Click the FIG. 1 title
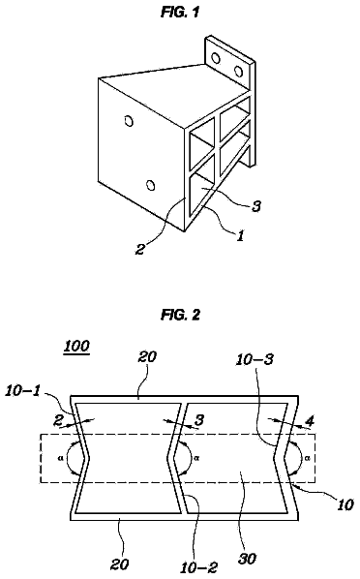(x=180, y=13)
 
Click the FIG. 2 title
(x=181, y=315)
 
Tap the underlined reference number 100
(x=76, y=347)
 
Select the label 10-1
(x=23, y=391)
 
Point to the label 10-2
(x=199, y=567)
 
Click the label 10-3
(x=255, y=359)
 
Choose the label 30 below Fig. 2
(x=247, y=559)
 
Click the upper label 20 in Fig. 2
(x=147, y=356)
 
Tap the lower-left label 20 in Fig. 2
(x=120, y=564)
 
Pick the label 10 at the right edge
(x=345, y=504)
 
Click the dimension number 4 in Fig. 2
(x=311, y=421)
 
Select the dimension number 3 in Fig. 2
(x=199, y=420)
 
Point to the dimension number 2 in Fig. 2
(x=58, y=420)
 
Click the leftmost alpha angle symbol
(x=61, y=458)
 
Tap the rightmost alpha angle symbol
(x=308, y=458)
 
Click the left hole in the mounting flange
(x=216, y=58)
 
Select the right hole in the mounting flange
(x=238, y=71)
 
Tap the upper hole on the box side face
(x=129, y=121)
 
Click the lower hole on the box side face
(x=150, y=185)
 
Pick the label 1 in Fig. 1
(x=240, y=235)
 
